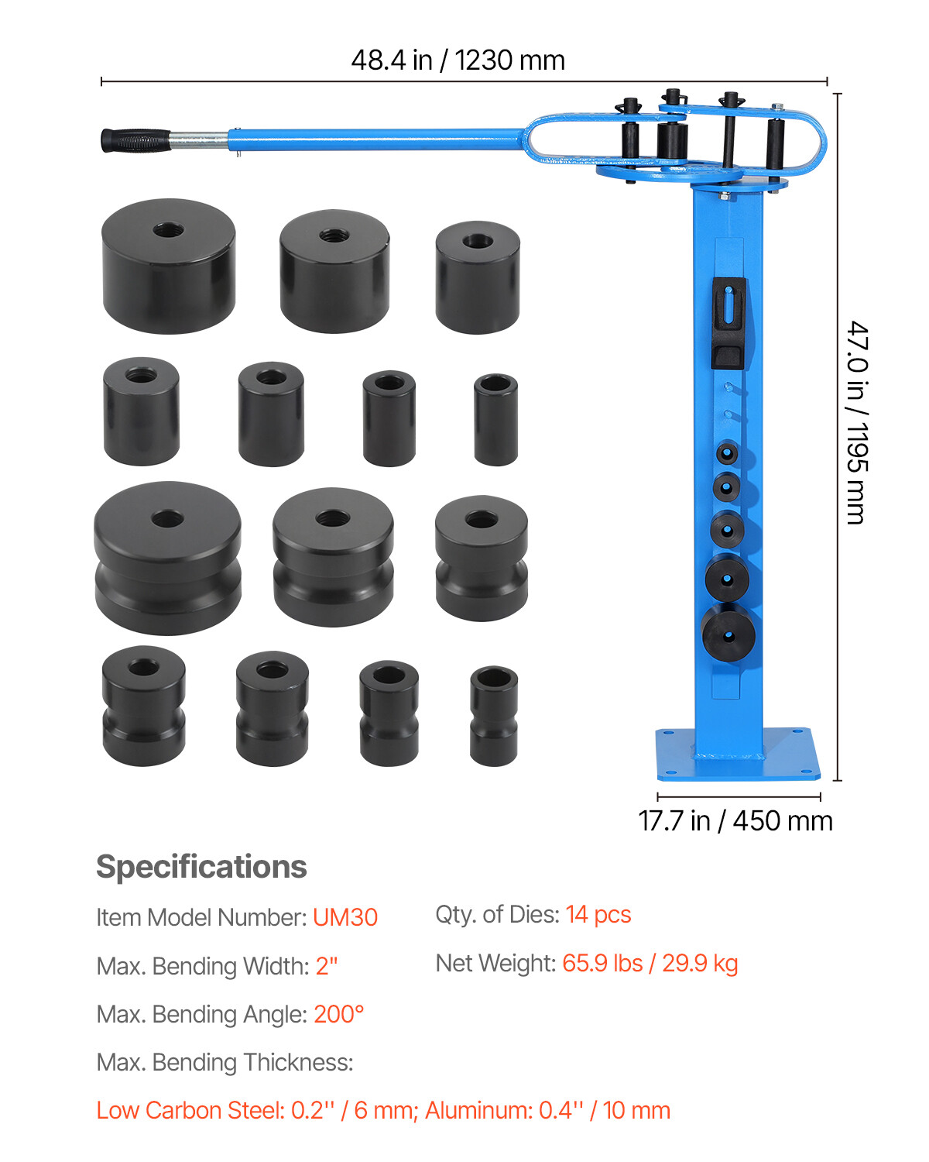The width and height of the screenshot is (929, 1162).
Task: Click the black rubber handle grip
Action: [135, 140]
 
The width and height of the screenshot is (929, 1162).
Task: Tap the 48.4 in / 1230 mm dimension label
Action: [458, 60]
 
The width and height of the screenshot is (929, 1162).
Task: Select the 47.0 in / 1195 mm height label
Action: [856, 423]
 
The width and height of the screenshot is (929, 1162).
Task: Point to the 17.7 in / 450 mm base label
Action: [735, 821]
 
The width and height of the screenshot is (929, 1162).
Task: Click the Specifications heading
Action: [201, 867]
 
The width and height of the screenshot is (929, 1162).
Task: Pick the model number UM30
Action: [345, 917]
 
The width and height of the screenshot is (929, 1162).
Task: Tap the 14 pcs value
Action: [598, 915]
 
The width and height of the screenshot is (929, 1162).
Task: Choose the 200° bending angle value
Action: [339, 1014]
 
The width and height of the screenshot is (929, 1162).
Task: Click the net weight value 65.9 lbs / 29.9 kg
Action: [650, 963]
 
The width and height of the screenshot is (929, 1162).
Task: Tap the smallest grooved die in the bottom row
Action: [494, 716]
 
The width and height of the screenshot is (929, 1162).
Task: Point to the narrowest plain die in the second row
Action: [495, 419]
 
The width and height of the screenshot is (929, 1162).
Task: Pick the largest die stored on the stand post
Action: [728, 632]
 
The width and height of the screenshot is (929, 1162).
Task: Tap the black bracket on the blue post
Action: [728, 323]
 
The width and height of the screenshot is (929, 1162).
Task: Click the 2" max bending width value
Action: [327, 966]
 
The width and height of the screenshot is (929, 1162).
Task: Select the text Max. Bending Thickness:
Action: [225, 1062]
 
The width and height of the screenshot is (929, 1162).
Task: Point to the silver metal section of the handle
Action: [198, 140]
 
